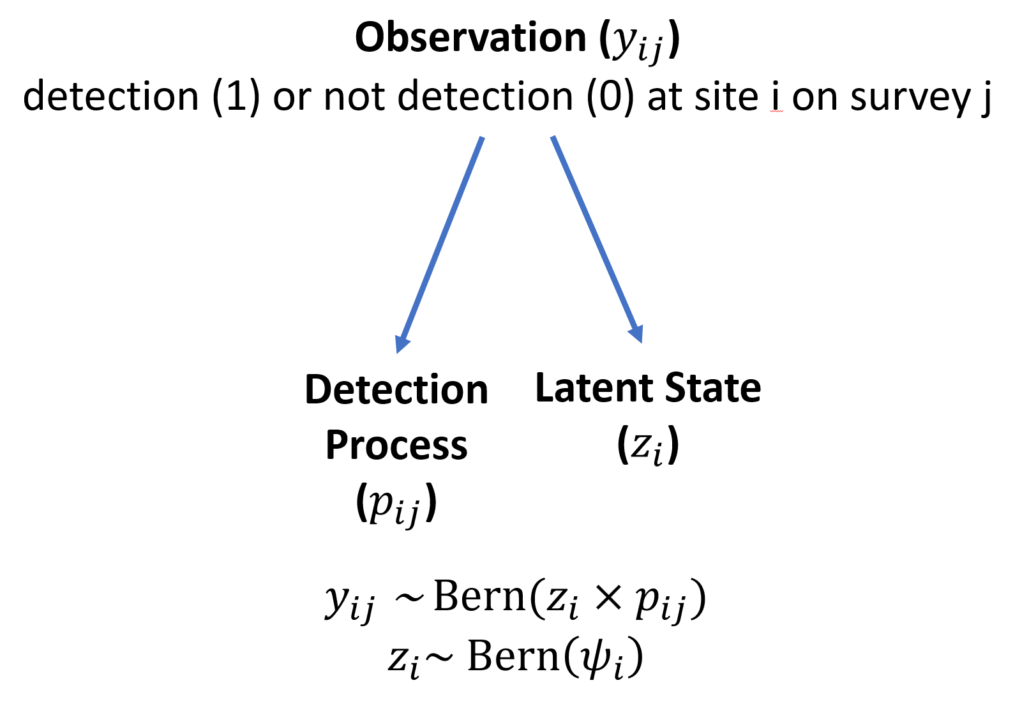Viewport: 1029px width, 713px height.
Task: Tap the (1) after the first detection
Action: [236, 97]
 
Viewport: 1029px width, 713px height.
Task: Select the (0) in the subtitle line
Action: [610, 97]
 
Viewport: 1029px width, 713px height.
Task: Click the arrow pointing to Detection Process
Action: [440, 243]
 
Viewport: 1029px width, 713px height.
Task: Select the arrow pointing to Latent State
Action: [596, 239]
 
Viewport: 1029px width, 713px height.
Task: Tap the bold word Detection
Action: [396, 389]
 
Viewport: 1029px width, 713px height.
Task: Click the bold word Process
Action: [396, 445]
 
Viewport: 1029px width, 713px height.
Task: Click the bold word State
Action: [713, 388]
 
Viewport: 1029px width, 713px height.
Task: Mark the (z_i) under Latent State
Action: [647, 445]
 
